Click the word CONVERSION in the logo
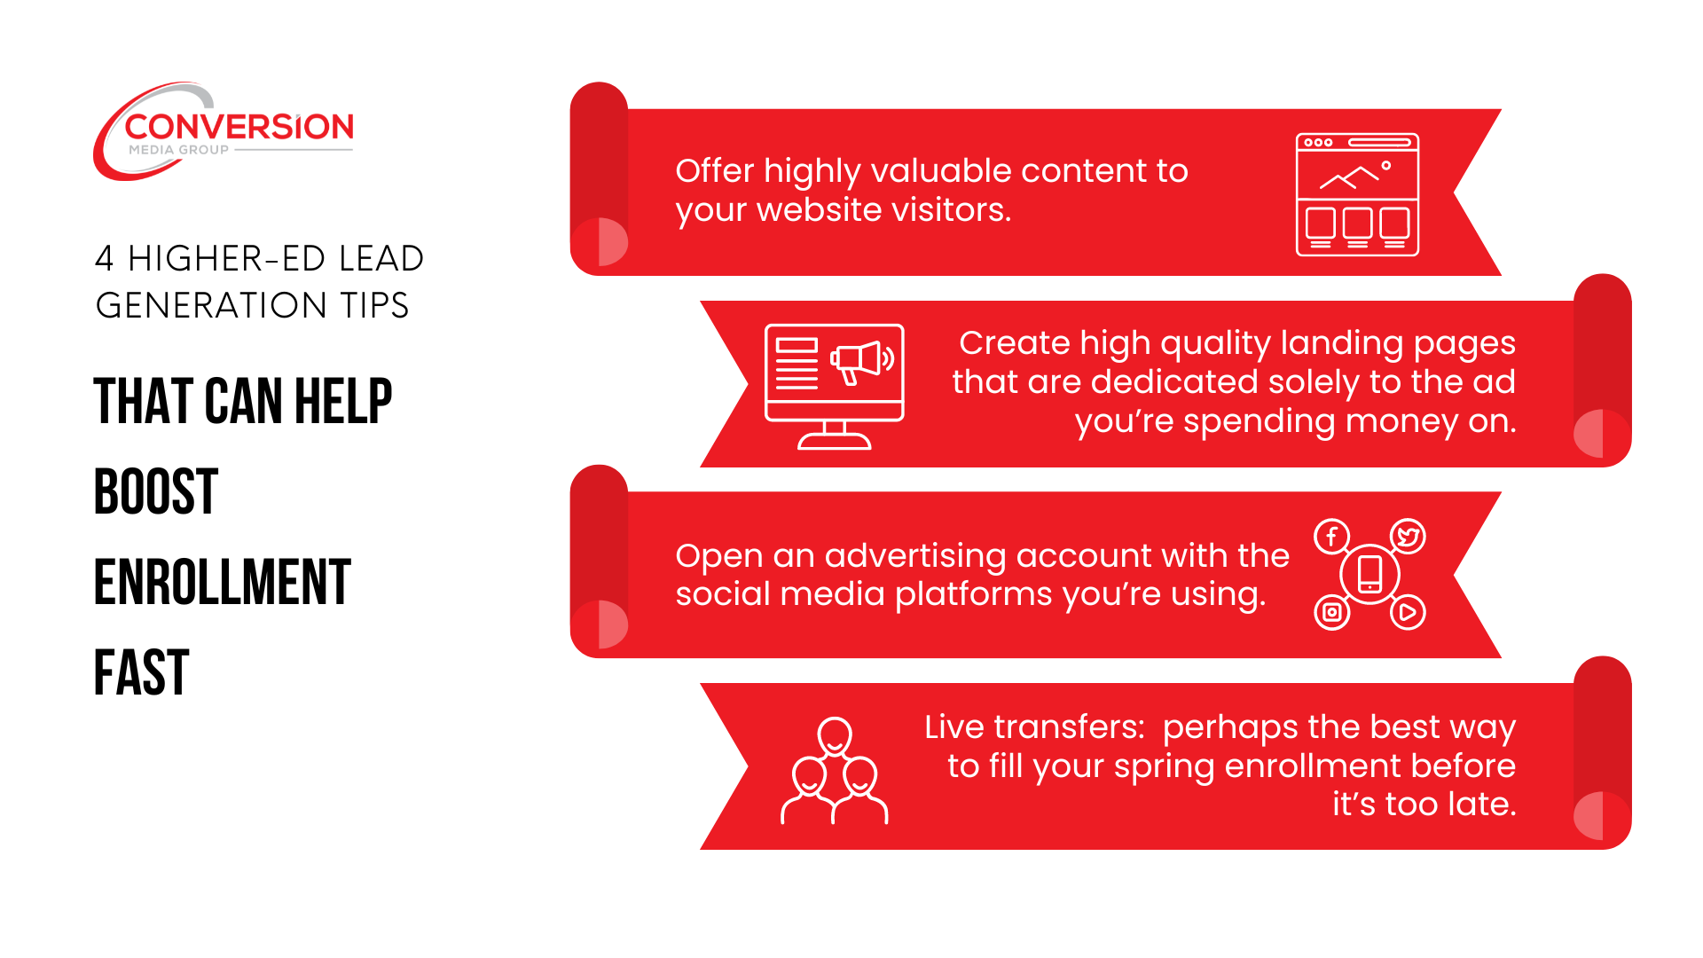point(239,127)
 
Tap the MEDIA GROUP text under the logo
point(178,150)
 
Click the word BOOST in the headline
point(156,491)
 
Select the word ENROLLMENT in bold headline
point(223,583)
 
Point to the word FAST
point(142,673)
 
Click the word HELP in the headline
point(343,401)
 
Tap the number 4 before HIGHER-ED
point(105,259)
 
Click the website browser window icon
point(1357,194)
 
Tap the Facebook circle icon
point(1331,537)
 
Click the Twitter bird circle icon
point(1408,537)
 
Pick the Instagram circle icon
point(1331,612)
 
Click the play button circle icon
point(1408,612)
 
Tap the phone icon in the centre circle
point(1370,574)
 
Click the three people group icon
point(834,770)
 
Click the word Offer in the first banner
point(714,170)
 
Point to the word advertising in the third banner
point(915,556)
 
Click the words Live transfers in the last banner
point(1034,727)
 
